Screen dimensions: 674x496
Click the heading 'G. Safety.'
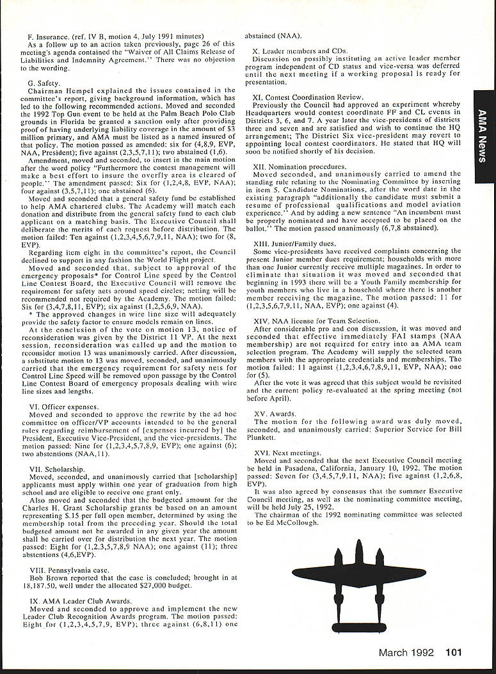click(x=44, y=83)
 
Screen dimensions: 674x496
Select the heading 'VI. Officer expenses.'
click(x=64, y=407)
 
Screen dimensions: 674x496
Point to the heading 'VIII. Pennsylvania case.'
click(x=70, y=568)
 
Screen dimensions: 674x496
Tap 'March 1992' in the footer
click(x=406, y=652)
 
